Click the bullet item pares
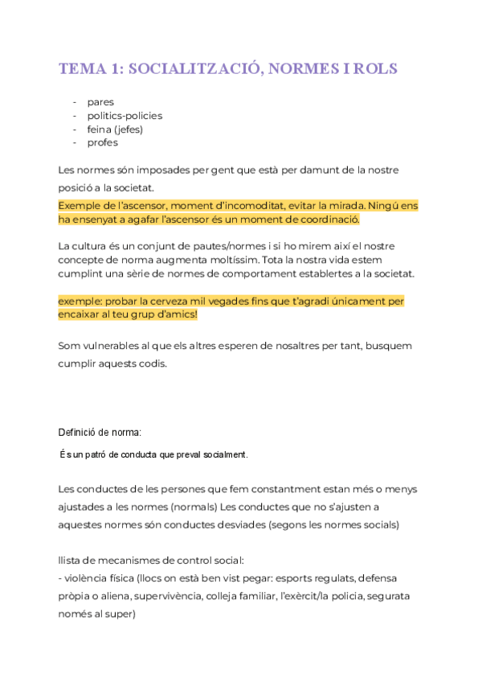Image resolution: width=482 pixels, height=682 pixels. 100,102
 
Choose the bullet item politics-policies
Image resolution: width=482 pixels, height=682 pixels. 125,116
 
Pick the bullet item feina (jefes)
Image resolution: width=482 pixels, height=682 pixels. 115,129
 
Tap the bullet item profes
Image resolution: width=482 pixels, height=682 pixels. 103,142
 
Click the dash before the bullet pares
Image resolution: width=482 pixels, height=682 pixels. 75,102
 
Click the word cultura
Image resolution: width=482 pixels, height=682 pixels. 96,245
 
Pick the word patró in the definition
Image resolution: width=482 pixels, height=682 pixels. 102,455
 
